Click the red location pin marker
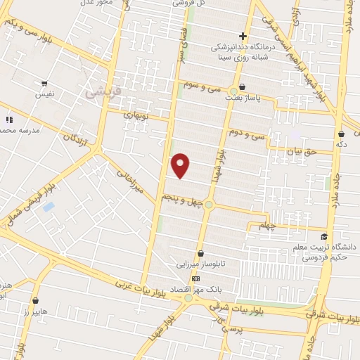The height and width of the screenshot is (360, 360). [181, 165]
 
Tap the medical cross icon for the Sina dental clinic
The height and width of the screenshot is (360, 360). [243, 36]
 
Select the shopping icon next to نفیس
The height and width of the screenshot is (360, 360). [44, 84]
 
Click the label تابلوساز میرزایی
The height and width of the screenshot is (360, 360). [201, 266]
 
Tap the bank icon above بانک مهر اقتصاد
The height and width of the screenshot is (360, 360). [195, 278]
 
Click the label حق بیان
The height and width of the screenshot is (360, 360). [308, 150]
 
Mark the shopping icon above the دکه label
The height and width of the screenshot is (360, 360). [341, 134]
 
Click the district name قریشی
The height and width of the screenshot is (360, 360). [98, 92]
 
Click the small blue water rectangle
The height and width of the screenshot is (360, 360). [48, 207]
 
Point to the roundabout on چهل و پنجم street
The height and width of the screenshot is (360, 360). [209, 205]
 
